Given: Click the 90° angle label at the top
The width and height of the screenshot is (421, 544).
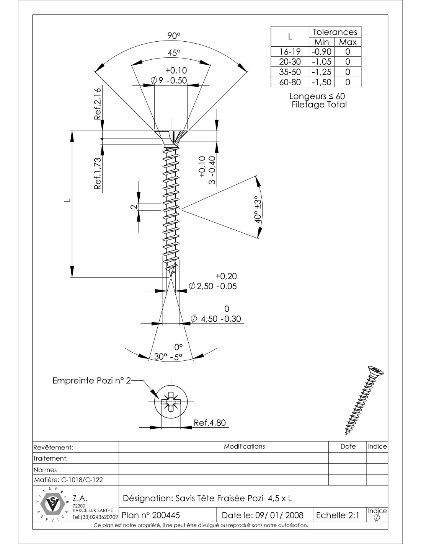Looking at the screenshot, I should (x=174, y=36).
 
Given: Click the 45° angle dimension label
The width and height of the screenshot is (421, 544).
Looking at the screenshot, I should (x=174, y=53).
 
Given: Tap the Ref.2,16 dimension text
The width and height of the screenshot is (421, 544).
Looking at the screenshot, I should (x=98, y=104).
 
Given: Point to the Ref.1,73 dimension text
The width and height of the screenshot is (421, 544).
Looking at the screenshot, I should (x=98, y=173).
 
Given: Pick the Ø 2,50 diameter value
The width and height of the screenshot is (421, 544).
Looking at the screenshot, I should (x=213, y=286).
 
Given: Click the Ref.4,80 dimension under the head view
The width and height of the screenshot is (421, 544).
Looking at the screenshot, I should (x=210, y=423).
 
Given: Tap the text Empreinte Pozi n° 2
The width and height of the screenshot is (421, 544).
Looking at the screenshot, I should (x=91, y=381).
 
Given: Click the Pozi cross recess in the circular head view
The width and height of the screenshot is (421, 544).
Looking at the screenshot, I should (x=170, y=403).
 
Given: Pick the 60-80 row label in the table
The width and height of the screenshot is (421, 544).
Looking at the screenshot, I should (x=290, y=82).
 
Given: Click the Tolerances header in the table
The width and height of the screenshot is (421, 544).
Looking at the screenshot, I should (x=335, y=32).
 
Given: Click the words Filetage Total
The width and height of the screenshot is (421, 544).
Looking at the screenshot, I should (x=319, y=104).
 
